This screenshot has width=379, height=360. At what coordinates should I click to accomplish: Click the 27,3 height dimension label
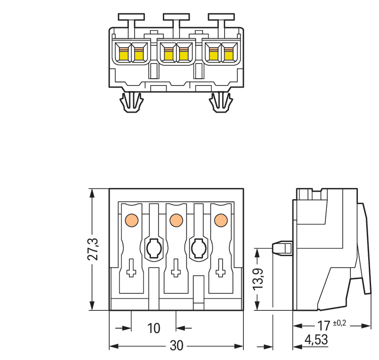94,250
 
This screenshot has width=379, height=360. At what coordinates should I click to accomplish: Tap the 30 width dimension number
176,346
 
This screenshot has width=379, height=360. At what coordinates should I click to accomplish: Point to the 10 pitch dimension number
154,328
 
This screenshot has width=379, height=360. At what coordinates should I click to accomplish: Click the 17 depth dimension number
323,326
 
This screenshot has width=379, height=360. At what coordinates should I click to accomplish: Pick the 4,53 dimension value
317,340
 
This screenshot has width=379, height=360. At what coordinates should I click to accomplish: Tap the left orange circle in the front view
131,220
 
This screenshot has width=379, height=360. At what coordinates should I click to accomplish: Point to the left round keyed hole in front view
153,248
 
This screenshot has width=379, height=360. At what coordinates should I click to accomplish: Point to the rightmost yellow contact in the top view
229,54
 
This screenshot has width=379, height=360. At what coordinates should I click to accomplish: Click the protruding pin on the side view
282,248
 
